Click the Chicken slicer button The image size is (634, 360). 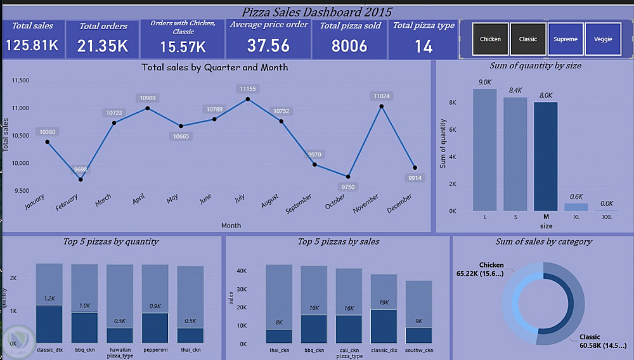pos(490,39)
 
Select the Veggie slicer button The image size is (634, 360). pos(603,39)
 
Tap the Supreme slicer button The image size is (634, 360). pos(565,39)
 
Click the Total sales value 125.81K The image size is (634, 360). pos(32,45)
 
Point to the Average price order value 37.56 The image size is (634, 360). pos(268,45)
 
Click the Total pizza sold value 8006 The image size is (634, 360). pos(349,46)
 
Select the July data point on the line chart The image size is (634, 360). pos(247,99)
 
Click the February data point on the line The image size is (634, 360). pos(81,179)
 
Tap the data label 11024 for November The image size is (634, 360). pos(382,96)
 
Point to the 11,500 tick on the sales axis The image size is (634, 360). pos(21,80)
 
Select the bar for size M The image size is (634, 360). pos(545,156)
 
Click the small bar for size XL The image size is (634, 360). pos(576,207)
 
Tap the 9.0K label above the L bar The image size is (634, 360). pos(484,82)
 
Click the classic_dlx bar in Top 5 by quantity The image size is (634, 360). pos(49,324)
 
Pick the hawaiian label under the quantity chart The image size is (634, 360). pos(120,350)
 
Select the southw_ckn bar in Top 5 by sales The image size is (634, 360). pos(418,335)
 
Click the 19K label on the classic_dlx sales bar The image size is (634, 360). pos(384,303)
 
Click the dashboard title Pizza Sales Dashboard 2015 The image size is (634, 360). pos(317,11)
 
